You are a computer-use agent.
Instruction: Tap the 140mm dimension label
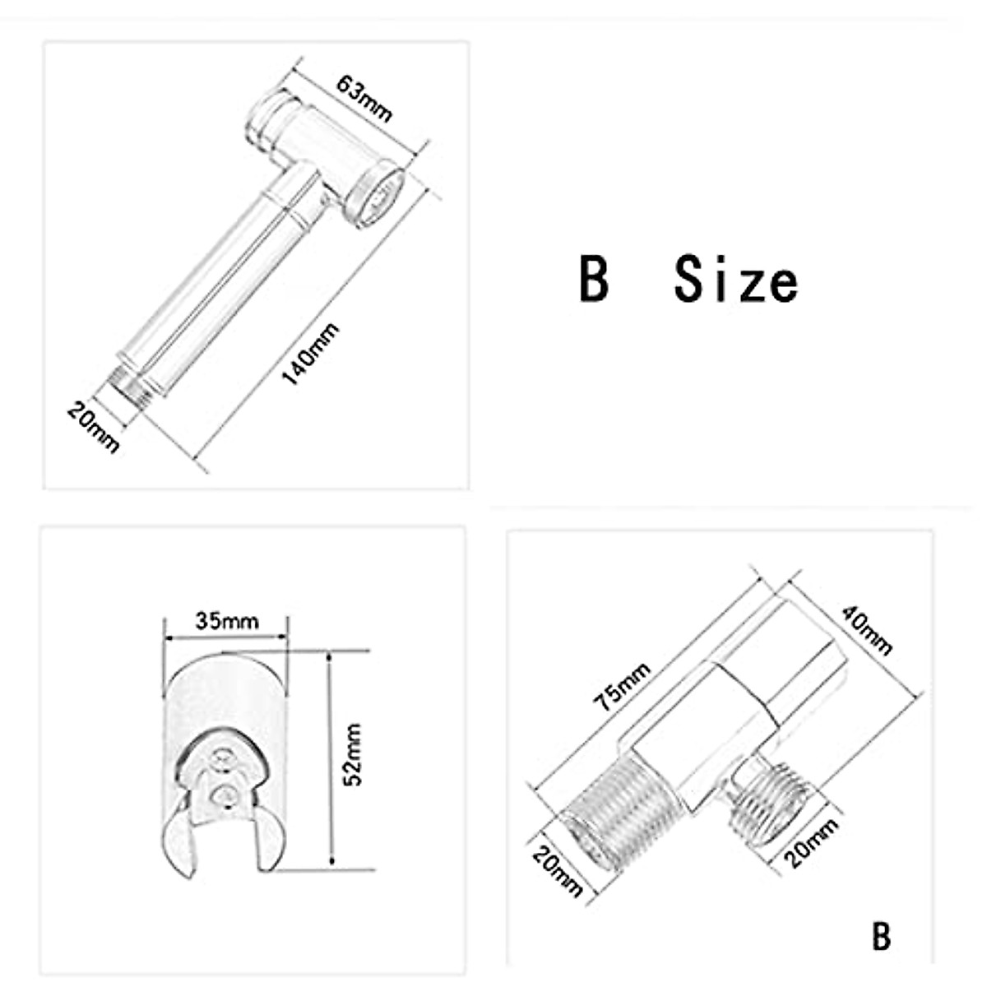[x=310, y=354]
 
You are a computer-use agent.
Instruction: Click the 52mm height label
[x=352, y=753]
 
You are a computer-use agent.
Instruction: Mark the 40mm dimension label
[x=865, y=629]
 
